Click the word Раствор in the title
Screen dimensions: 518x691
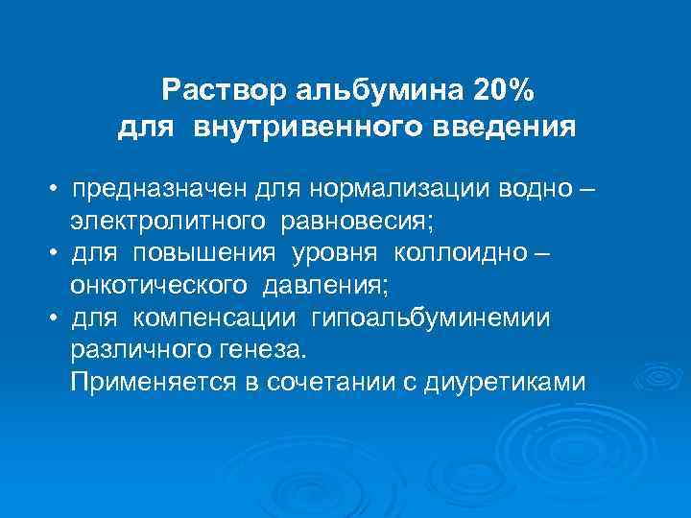click(x=218, y=91)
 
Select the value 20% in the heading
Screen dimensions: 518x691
click(x=505, y=91)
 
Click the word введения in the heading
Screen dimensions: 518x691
click(x=503, y=127)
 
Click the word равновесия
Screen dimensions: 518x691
click(x=358, y=223)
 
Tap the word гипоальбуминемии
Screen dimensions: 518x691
click(x=431, y=317)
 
